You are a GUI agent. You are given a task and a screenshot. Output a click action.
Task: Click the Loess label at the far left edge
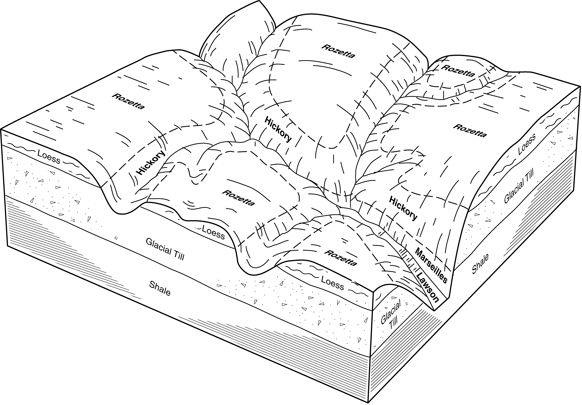pos(49,156)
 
